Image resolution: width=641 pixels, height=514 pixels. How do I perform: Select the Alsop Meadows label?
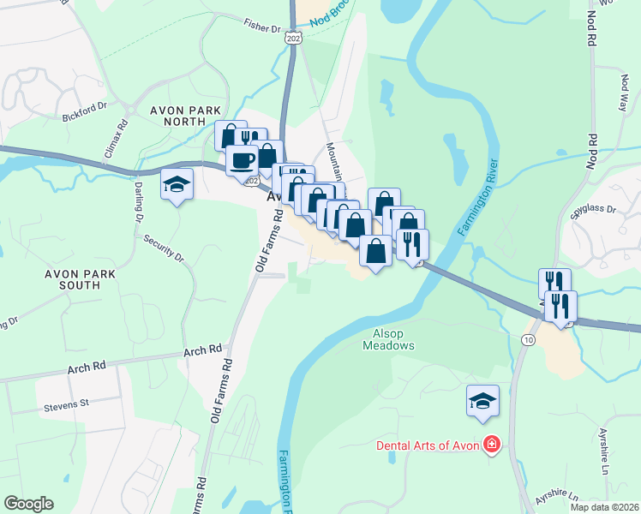click(393, 339)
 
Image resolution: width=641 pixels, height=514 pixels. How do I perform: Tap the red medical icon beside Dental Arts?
click(491, 445)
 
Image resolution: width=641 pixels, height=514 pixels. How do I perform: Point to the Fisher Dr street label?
click(261, 27)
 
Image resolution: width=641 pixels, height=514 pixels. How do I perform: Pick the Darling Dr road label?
click(137, 201)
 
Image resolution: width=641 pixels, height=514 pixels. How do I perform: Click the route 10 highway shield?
click(526, 340)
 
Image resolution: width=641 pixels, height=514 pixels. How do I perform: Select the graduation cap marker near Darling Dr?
click(177, 184)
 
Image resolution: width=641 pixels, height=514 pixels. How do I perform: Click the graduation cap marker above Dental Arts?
click(482, 400)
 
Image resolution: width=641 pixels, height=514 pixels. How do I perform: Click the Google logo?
click(28, 504)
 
